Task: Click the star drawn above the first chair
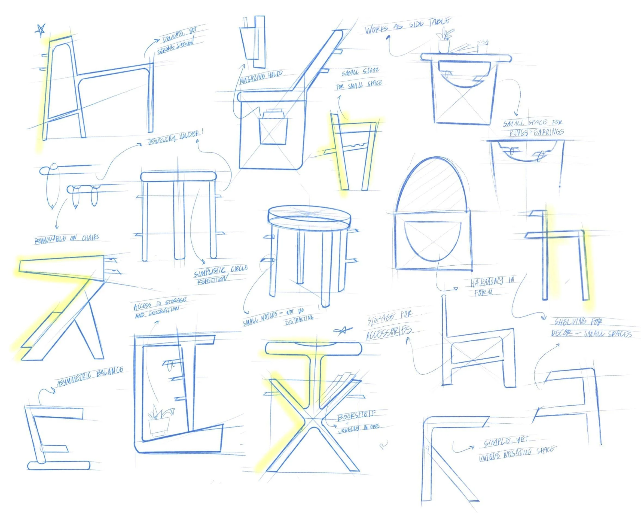click(x=40, y=29)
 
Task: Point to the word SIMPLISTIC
click(x=209, y=272)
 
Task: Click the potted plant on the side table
click(x=444, y=42)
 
